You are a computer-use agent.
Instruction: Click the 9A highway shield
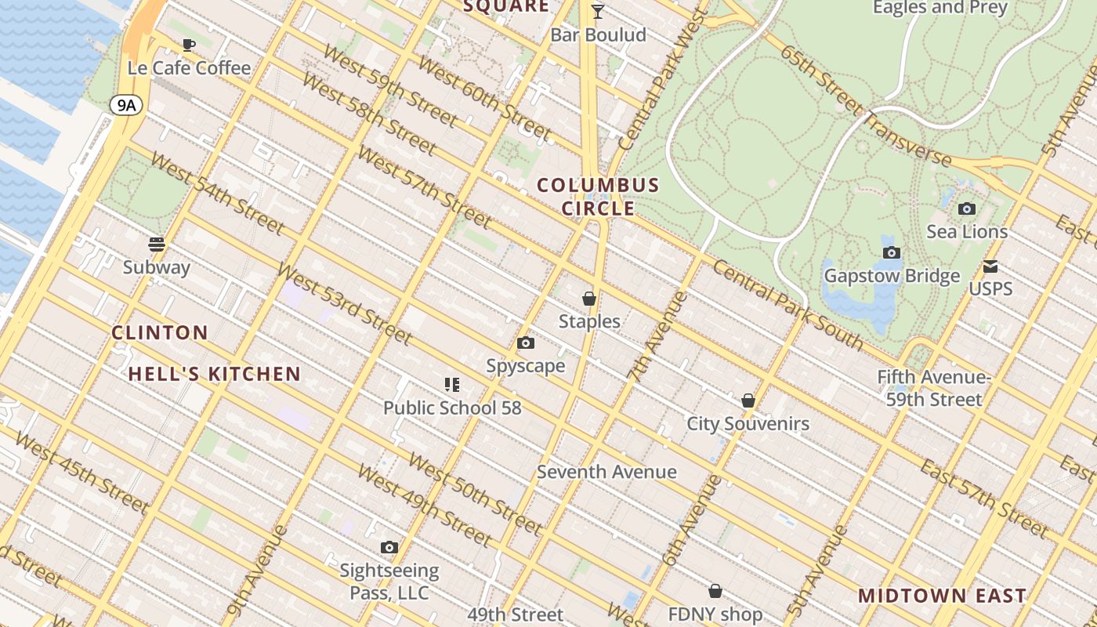pyautogui.click(x=125, y=105)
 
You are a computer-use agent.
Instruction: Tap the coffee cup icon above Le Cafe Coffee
pyautogui.click(x=188, y=45)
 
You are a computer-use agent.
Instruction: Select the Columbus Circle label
pyautogui.click(x=598, y=197)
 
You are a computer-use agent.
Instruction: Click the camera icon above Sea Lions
pyautogui.click(x=967, y=208)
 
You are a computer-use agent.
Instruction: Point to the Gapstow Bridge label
pyautogui.click(x=892, y=276)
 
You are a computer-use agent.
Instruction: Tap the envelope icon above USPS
pyautogui.click(x=990, y=266)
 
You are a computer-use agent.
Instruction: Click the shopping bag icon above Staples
pyautogui.click(x=589, y=299)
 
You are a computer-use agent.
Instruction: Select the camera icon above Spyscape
pyautogui.click(x=526, y=342)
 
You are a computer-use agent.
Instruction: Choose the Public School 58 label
pyautogui.click(x=452, y=408)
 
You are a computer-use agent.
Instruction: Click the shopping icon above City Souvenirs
pyautogui.click(x=748, y=400)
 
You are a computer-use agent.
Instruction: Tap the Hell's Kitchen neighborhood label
pyautogui.click(x=215, y=374)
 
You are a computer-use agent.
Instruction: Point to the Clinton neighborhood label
pyautogui.click(x=160, y=332)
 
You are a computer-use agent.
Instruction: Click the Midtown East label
pyautogui.click(x=942, y=595)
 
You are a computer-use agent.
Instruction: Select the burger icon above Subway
pyautogui.click(x=157, y=244)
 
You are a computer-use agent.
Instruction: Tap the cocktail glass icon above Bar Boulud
pyautogui.click(x=598, y=11)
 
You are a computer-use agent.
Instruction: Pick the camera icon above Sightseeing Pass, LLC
pyautogui.click(x=389, y=547)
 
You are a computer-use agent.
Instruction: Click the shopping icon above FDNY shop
pyautogui.click(x=715, y=591)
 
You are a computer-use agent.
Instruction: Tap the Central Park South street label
pyautogui.click(x=787, y=306)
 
